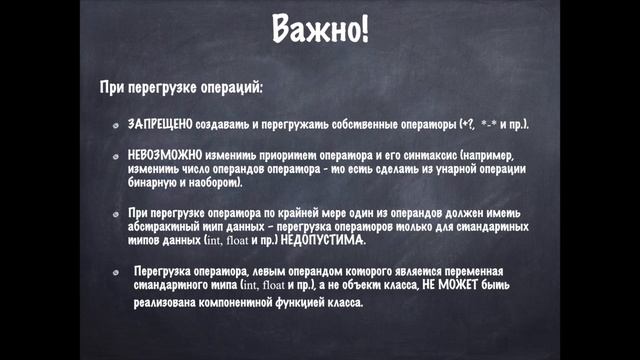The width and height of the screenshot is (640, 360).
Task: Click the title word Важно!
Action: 320,29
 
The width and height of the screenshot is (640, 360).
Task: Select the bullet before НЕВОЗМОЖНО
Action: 117,158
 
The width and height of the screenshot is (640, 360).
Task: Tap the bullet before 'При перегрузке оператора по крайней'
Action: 117,215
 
